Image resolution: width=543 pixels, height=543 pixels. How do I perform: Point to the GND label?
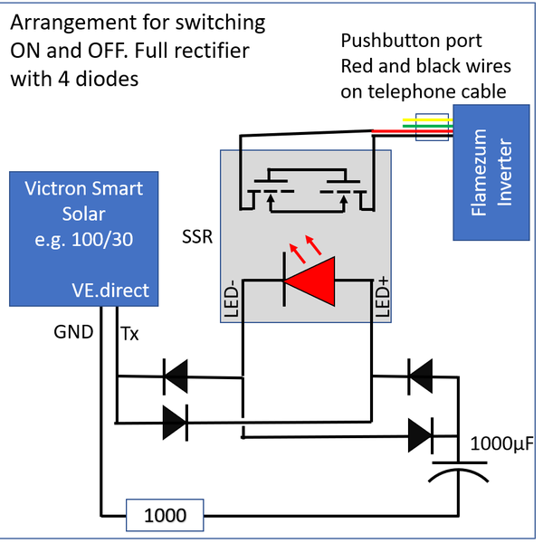click(73, 332)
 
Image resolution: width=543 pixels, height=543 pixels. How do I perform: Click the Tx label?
click(130, 334)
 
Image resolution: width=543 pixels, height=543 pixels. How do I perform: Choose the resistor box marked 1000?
click(165, 516)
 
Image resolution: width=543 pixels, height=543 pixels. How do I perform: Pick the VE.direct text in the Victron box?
click(113, 291)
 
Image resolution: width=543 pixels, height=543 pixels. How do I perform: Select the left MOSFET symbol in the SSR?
click(269, 192)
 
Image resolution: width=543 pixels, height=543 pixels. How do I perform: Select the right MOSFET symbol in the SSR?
click(340, 192)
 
